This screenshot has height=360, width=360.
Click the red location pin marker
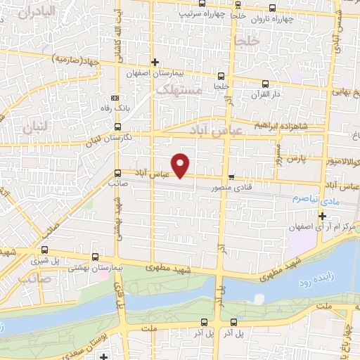(x=181, y=165)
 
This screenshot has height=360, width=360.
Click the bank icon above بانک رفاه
(x=115, y=98)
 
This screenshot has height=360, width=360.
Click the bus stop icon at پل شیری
(x=45, y=249)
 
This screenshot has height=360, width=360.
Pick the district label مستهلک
(x=179, y=91)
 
